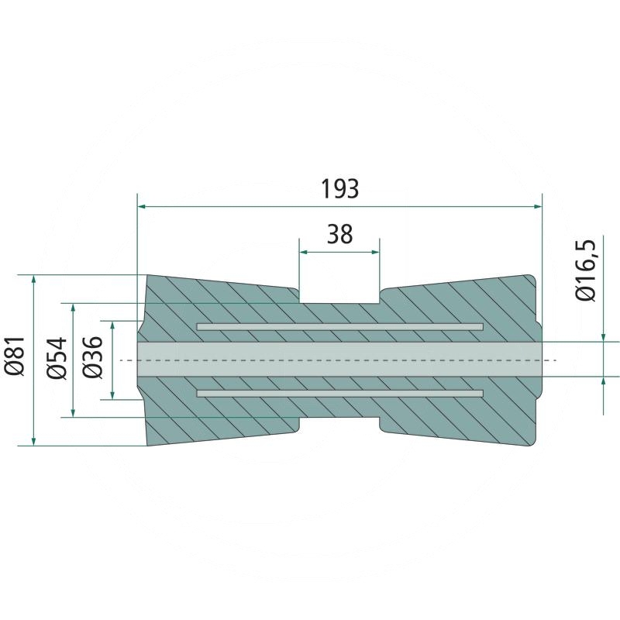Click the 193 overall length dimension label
(x=339, y=188)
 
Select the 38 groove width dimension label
(x=339, y=234)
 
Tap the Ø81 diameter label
(x=15, y=356)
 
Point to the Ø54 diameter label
(x=57, y=358)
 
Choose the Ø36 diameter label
(x=92, y=357)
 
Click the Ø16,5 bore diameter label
(x=585, y=270)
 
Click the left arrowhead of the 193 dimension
(x=142, y=206)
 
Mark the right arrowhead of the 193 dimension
(x=537, y=206)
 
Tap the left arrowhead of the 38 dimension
(x=304, y=252)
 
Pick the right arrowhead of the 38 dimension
(x=374, y=252)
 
